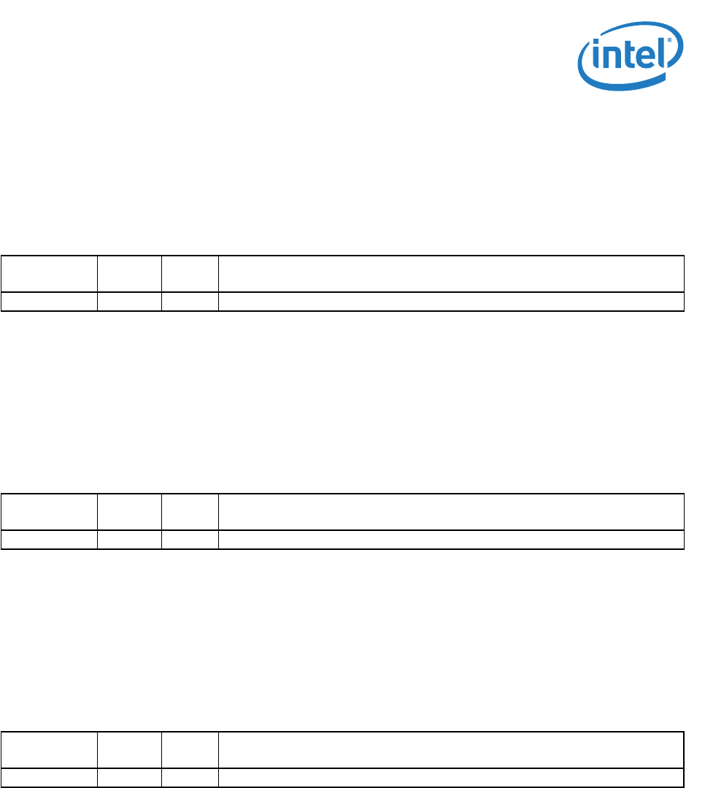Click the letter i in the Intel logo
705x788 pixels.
click(598, 58)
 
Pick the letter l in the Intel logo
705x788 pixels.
click(663, 53)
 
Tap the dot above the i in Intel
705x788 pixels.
click(598, 44)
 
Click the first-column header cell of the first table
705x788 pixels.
click(50, 274)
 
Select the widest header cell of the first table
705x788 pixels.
click(451, 274)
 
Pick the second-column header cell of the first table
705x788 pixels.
click(129, 274)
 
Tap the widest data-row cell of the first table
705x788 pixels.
click(451, 302)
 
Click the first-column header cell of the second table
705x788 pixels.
click(50, 512)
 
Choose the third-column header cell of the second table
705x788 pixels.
click(190, 512)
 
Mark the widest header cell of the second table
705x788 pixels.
click(451, 512)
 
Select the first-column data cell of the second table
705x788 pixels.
click(50, 540)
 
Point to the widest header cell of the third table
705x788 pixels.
click(451, 750)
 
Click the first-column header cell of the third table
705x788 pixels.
click(50, 750)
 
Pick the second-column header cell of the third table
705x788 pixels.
click(129, 750)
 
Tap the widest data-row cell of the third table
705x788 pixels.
click(451, 778)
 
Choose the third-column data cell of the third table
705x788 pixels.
click(190, 778)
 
